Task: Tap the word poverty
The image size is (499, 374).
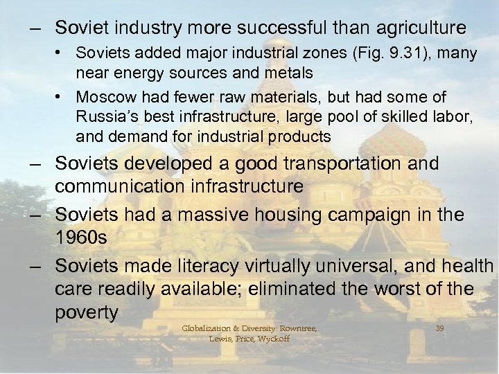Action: (x=87, y=312)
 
